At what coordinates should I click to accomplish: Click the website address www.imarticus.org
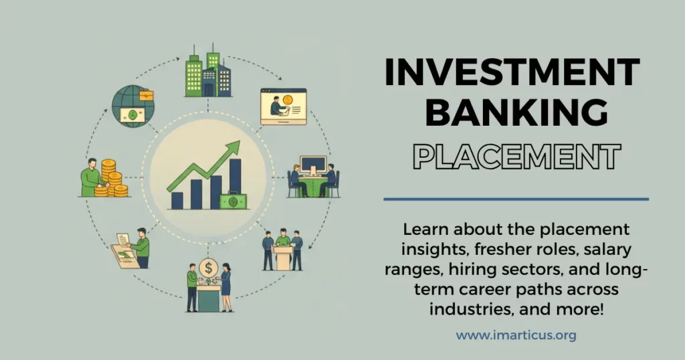coord(516,335)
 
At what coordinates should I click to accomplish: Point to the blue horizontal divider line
coord(516,199)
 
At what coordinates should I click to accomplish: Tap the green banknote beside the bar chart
coord(233,200)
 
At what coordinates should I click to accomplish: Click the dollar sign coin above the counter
coord(209,268)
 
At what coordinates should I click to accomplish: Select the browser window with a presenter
coord(283,106)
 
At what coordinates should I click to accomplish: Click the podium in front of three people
coord(283,257)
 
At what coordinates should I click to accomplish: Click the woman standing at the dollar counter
coord(226,286)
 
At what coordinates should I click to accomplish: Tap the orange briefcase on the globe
coord(146,96)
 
